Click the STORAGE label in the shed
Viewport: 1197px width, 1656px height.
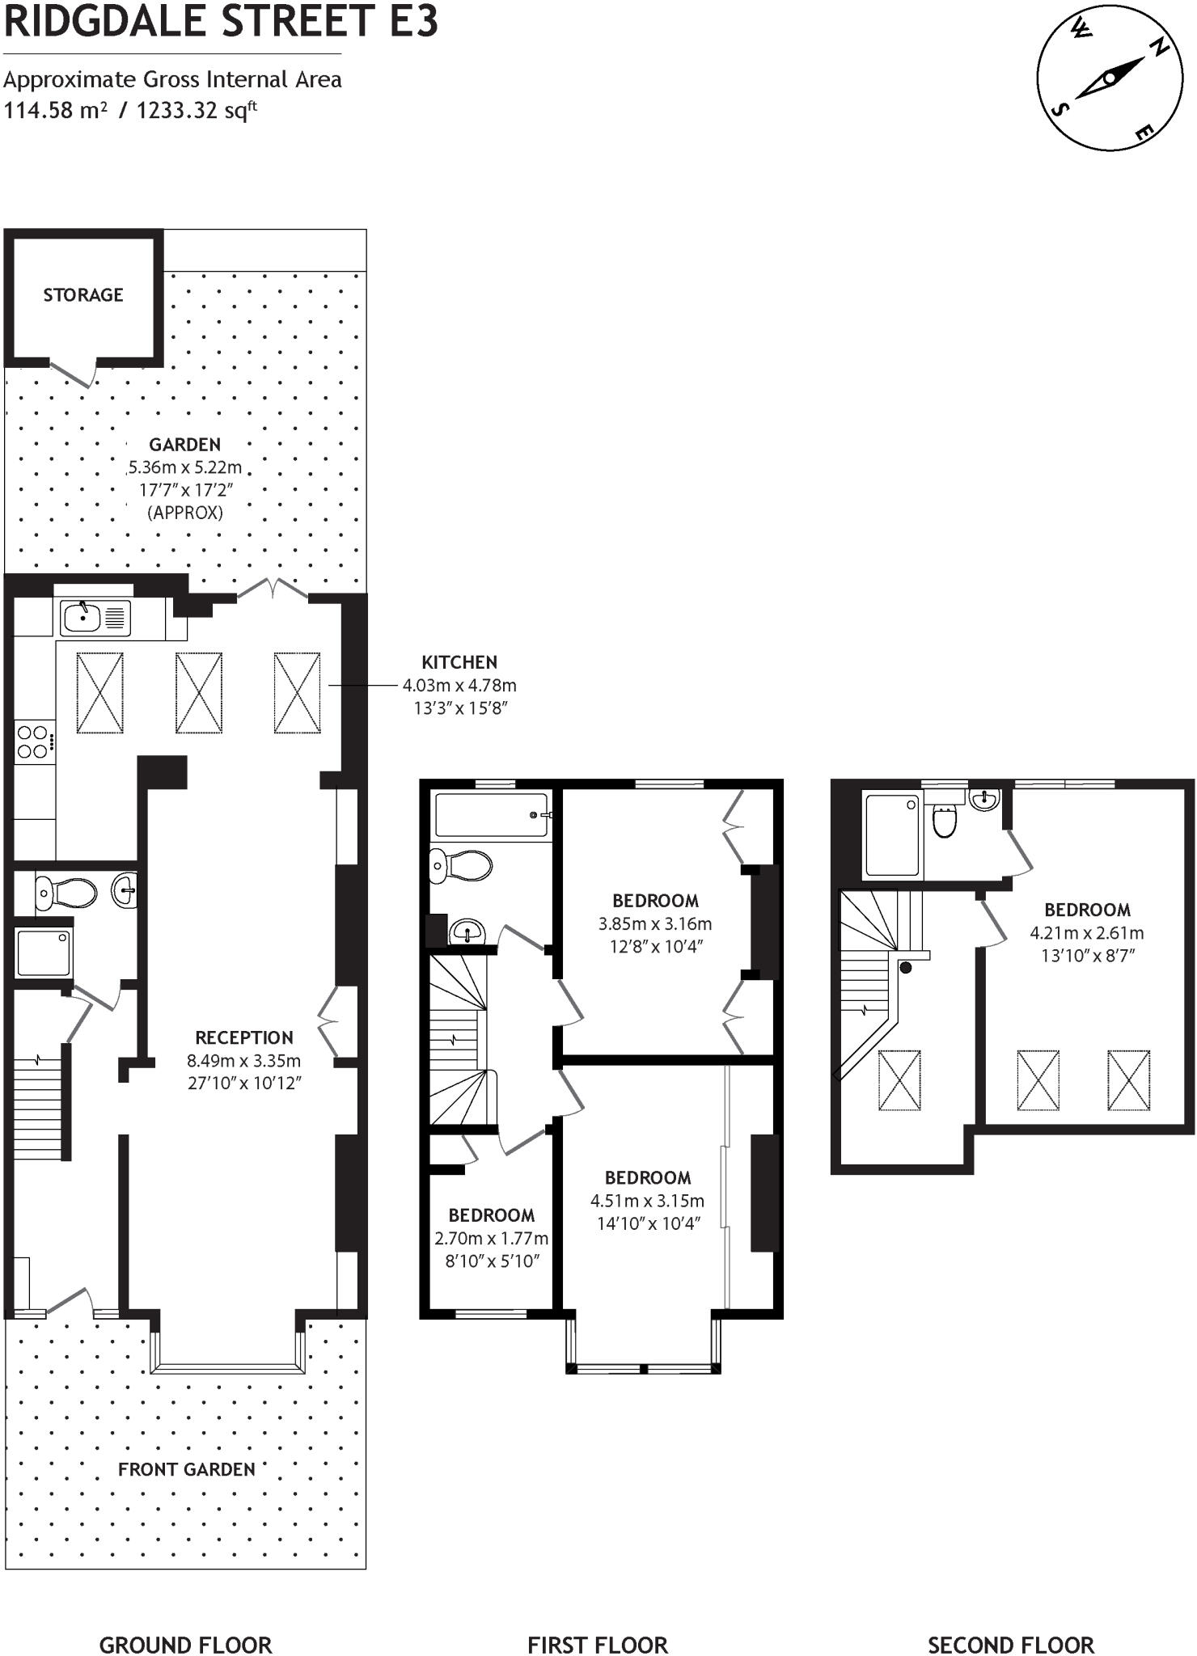[x=83, y=295]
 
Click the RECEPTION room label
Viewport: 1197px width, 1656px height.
[x=244, y=1037]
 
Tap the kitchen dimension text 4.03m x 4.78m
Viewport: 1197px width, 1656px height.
[x=459, y=686]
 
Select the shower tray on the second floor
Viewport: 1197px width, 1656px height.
[x=892, y=835]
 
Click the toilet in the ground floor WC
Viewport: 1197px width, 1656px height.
[x=66, y=893]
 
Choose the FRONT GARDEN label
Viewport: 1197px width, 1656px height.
[x=187, y=1469]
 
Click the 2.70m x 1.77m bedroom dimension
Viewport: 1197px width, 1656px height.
[x=491, y=1238]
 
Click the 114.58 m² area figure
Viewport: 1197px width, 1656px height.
[x=55, y=111]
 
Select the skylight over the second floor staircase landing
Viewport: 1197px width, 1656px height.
[x=899, y=1080]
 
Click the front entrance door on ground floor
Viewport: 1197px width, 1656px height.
[x=68, y=1299]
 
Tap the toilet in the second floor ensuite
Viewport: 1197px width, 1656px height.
[x=944, y=820]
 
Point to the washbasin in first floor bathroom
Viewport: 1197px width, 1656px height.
[x=467, y=931]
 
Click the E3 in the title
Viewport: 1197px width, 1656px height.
[x=413, y=21]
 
